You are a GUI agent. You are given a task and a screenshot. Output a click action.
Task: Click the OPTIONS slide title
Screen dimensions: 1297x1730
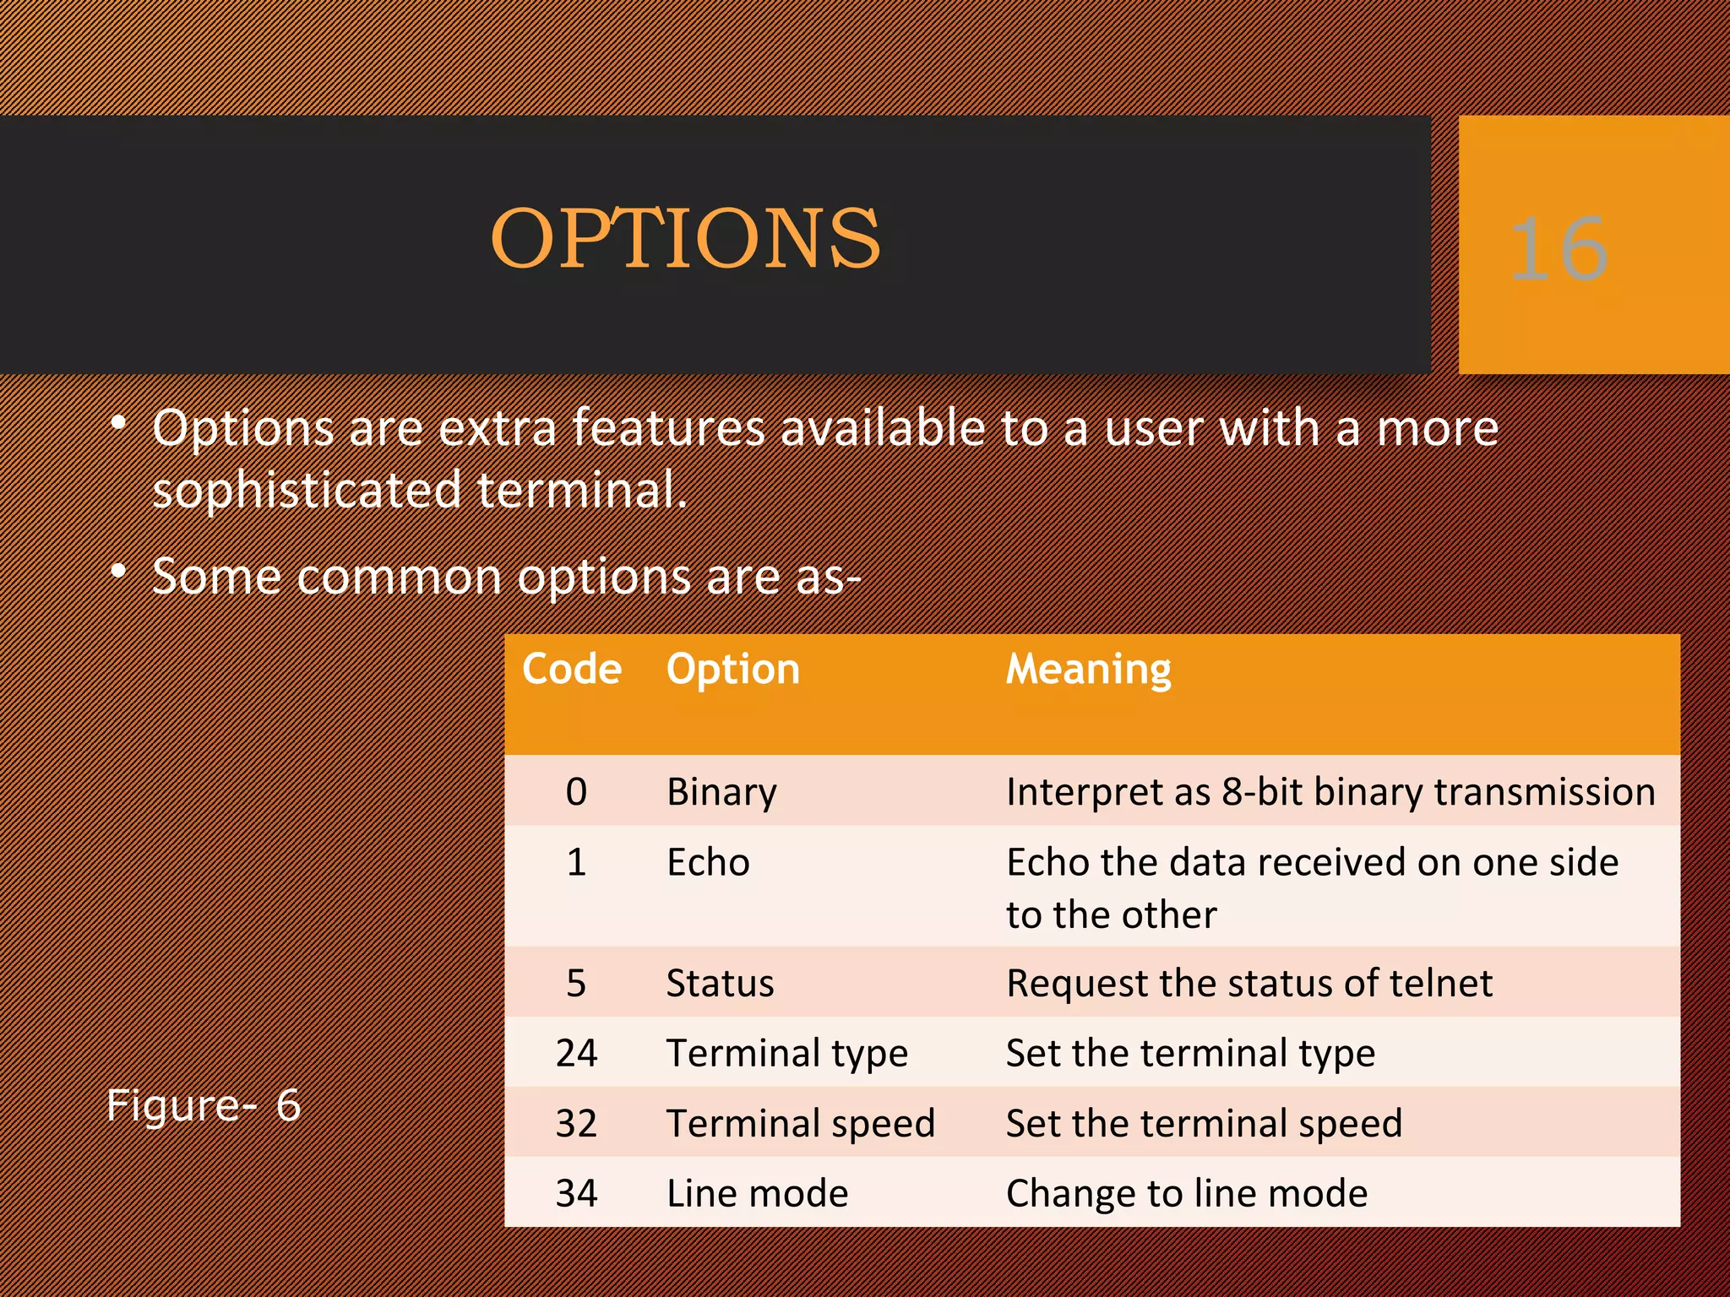pyautogui.click(x=685, y=239)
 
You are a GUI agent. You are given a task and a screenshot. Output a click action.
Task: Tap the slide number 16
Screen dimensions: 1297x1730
pyautogui.click(x=1559, y=249)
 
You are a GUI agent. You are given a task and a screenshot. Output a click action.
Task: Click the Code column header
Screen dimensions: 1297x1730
pyautogui.click(x=572, y=669)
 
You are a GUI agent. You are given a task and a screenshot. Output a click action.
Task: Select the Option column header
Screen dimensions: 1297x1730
pyautogui.click(x=732, y=669)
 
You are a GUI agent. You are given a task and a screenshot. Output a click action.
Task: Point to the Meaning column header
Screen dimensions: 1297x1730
pyautogui.click(x=1088, y=669)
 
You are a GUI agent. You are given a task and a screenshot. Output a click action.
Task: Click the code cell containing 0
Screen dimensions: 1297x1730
pyautogui.click(x=576, y=792)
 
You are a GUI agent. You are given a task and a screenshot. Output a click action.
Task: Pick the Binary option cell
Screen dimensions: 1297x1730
pyautogui.click(x=721, y=792)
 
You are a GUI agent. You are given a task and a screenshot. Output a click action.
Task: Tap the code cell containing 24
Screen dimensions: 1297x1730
pyautogui.click(x=576, y=1053)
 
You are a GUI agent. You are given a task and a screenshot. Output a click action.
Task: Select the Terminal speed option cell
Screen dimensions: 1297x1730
pyautogui.click(x=800, y=1123)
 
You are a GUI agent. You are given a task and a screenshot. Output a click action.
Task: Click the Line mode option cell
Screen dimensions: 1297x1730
pyautogui.click(x=757, y=1193)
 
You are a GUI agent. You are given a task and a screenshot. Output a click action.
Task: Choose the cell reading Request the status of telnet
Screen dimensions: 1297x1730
pyautogui.click(x=1249, y=984)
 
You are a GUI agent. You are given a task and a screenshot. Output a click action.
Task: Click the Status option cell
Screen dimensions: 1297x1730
pyautogui.click(x=720, y=984)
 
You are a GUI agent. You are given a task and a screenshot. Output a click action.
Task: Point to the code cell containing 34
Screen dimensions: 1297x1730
pyautogui.click(x=576, y=1193)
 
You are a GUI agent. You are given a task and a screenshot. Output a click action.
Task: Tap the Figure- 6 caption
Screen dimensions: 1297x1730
pyautogui.click(x=204, y=1105)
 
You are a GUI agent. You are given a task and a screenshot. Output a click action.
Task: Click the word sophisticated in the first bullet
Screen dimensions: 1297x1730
pyautogui.click(x=307, y=490)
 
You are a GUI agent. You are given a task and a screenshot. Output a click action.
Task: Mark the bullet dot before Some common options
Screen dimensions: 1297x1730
pyautogui.click(x=119, y=572)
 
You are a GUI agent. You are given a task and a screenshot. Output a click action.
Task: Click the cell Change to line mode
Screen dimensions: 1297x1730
pyautogui.click(x=1186, y=1193)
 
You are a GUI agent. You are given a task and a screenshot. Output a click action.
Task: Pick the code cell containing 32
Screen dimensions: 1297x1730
pyautogui.click(x=576, y=1123)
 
